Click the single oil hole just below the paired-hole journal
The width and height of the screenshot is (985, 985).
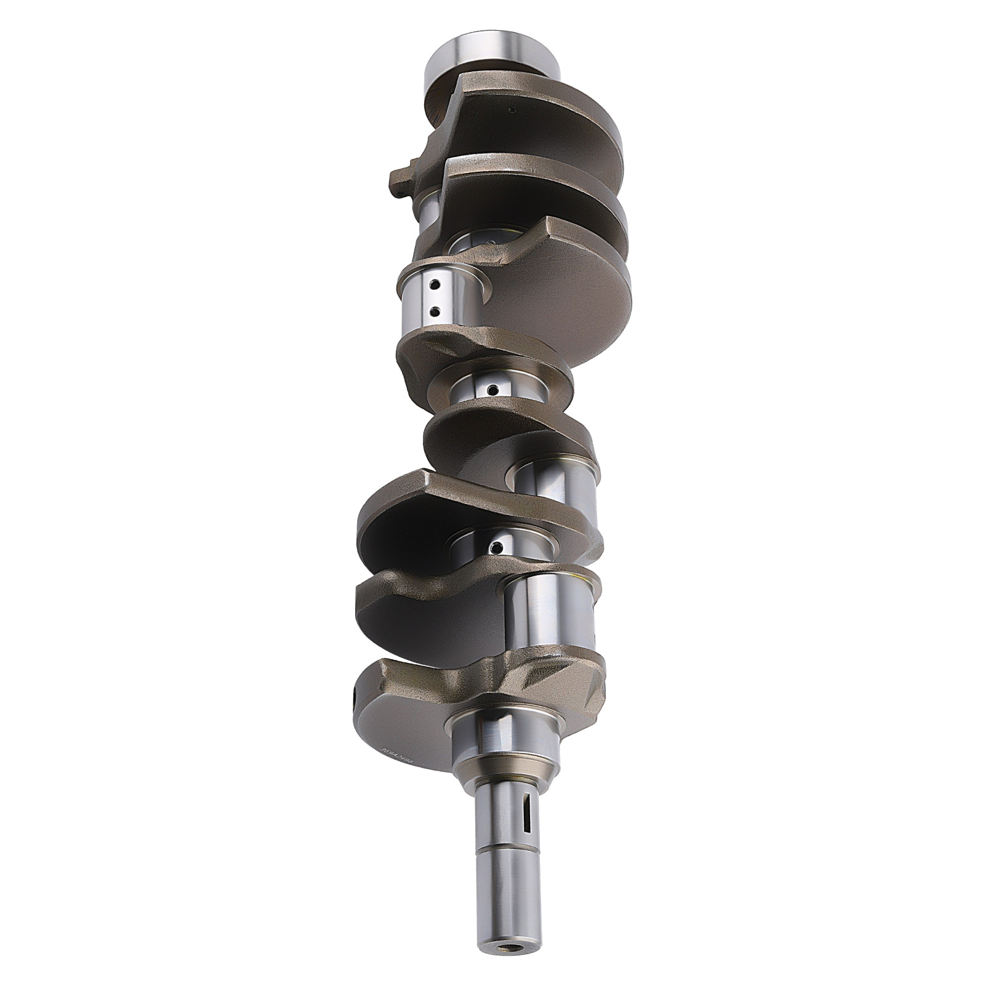point(492,389)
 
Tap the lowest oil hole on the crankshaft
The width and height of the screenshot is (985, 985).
point(496,546)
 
